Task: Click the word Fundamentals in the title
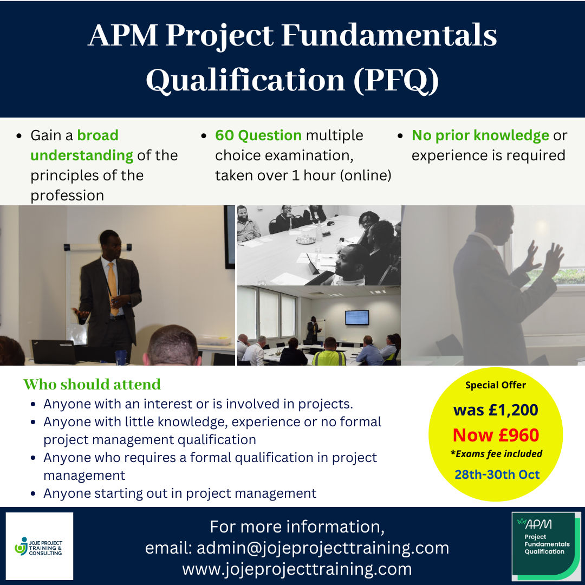[x=389, y=35]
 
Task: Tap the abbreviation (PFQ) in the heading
[x=396, y=80]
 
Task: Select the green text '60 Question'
[x=258, y=135]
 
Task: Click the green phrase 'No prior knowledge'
[x=480, y=135]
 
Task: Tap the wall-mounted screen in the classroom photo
[x=356, y=317]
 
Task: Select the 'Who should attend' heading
[x=92, y=384]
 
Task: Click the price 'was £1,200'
[x=496, y=410]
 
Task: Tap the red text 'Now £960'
[x=496, y=435]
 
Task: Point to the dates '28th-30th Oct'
[x=497, y=474]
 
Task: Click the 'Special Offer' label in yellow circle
[x=496, y=385]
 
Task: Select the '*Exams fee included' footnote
[x=496, y=454]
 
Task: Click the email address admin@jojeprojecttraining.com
[x=323, y=548]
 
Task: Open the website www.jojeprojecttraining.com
[x=297, y=569]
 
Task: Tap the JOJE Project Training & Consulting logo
[x=39, y=546]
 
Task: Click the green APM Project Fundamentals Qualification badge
[x=546, y=546]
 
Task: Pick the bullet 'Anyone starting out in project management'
[x=180, y=493]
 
